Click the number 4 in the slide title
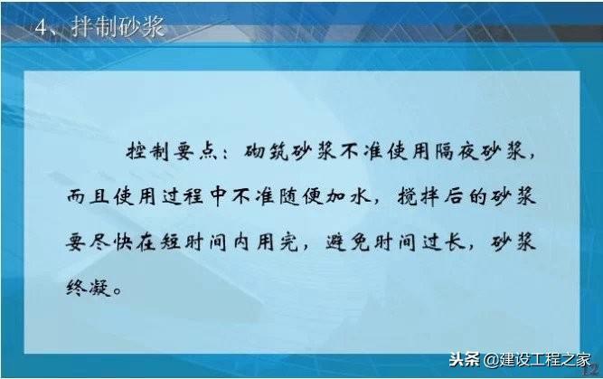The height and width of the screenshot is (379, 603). (41, 28)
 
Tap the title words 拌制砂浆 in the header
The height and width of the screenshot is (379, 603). (118, 27)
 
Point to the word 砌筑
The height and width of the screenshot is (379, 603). (266, 151)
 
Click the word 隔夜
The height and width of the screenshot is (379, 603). (457, 151)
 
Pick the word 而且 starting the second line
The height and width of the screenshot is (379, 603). (88, 196)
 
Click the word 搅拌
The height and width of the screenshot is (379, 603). (419, 196)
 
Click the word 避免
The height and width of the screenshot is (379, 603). (348, 242)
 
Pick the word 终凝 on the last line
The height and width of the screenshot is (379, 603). (89, 288)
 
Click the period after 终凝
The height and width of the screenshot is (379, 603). (118, 291)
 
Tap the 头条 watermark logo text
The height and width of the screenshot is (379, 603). (465, 360)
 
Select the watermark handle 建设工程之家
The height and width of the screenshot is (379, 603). (545, 360)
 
